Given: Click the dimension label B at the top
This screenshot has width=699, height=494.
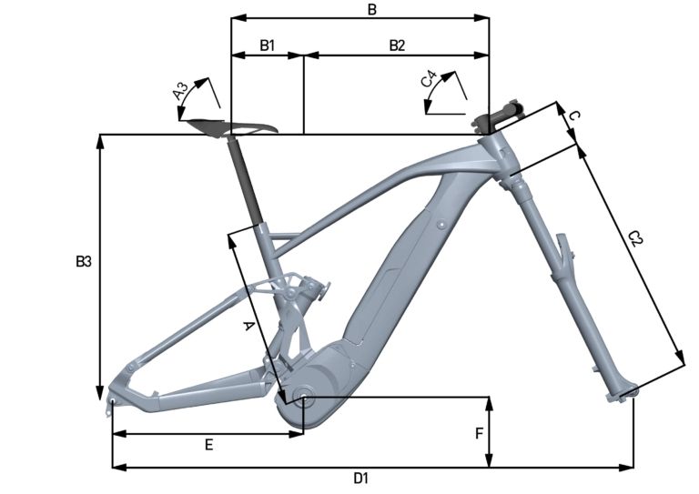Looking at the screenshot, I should pyautogui.click(x=371, y=9).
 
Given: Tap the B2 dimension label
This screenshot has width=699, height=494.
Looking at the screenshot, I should pyautogui.click(x=398, y=45).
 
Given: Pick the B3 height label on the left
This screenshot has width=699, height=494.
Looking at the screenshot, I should pyautogui.click(x=83, y=262).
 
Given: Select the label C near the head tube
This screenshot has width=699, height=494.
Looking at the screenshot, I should pyautogui.click(x=574, y=116).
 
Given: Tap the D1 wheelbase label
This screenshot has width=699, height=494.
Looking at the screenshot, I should pyautogui.click(x=360, y=479).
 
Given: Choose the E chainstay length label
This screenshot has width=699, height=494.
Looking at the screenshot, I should pyautogui.click(x=208, y=445).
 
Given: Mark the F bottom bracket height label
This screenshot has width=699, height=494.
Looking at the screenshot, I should pyautogui.click(x=479, y=434).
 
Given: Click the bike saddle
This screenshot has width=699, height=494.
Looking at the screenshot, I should pyautogui.click(x=228, y=126).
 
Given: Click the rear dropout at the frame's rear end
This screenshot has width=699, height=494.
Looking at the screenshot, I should pyautogui.click(x=113, y=398).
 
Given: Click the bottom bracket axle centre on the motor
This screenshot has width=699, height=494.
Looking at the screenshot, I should pyautogui.click(x=302, y=398).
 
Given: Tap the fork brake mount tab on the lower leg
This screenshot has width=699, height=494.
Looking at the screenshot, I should pyautogui.click(x=565, y=246).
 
